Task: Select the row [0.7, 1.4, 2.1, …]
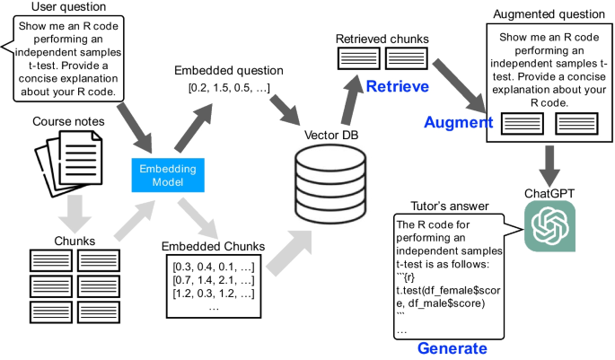point(212,280)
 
